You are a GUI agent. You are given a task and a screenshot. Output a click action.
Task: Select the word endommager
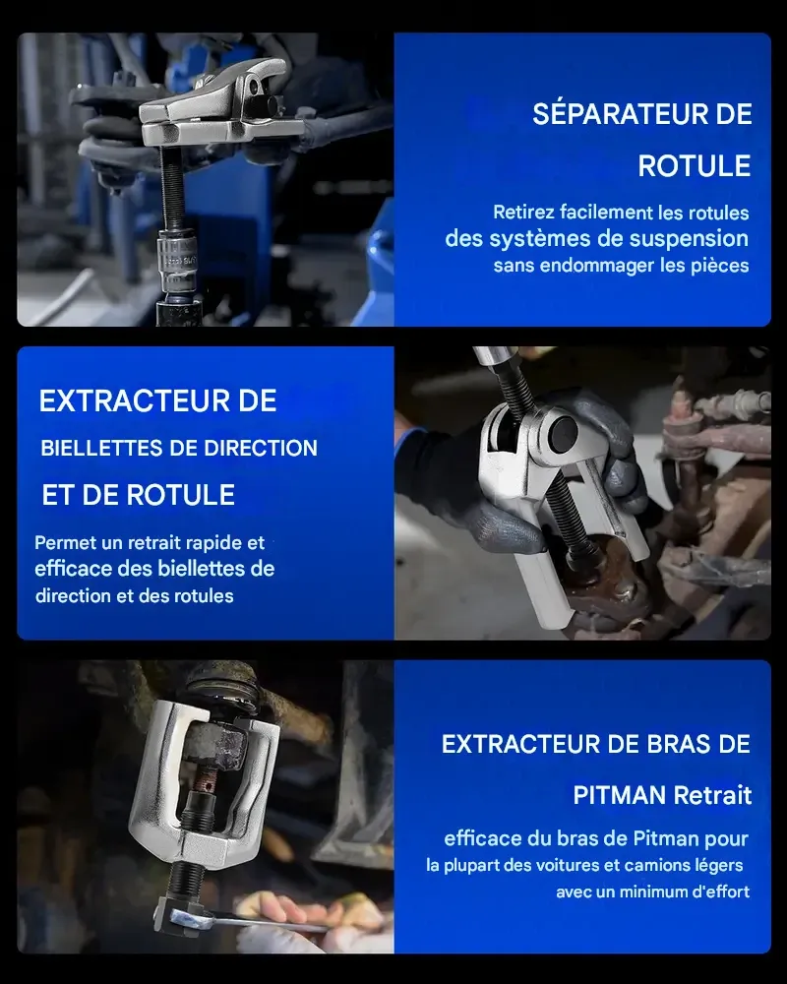pos(585,265)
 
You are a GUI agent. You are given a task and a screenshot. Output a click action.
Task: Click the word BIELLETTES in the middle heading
pos(96,449)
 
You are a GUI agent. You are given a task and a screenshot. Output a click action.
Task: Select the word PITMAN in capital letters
pos(620,794)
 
